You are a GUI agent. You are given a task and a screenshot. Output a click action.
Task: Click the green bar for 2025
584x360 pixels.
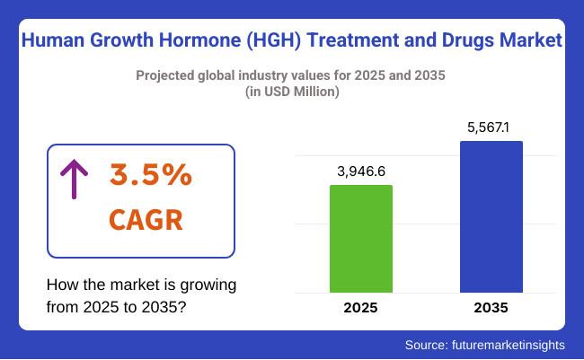[361, 239]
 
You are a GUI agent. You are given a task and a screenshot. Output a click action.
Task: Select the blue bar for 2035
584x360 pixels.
[491, 216]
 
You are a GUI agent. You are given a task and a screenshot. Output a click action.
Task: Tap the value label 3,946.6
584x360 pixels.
[361, 171]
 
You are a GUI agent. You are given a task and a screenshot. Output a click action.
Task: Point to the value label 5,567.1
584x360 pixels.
[491, 127]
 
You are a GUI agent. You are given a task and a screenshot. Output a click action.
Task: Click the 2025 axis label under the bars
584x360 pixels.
[361, 308]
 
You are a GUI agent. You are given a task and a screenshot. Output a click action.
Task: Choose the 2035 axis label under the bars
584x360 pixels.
[491, 308]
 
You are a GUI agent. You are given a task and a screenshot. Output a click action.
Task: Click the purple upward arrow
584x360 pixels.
[70, 180]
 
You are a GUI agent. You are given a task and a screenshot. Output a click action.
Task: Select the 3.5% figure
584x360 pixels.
[150, 176]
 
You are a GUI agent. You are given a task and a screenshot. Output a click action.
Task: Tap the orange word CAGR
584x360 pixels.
[146, 218]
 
